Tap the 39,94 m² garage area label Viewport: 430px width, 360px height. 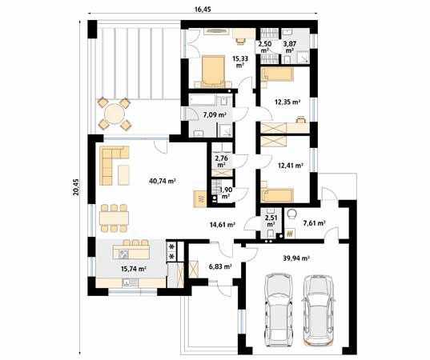(x=296, y=259)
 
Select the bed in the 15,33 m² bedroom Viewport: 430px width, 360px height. (x=212, y=70)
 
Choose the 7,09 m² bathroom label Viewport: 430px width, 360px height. (x=215, y=115)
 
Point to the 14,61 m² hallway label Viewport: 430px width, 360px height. (x=222, y=226)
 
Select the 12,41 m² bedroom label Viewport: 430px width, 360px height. (x=288, y=166)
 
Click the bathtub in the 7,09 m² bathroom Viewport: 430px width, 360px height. (x=207, y=101)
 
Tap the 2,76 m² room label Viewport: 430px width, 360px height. (x=222, y=162)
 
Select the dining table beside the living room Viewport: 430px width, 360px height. (x=114, y=217)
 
